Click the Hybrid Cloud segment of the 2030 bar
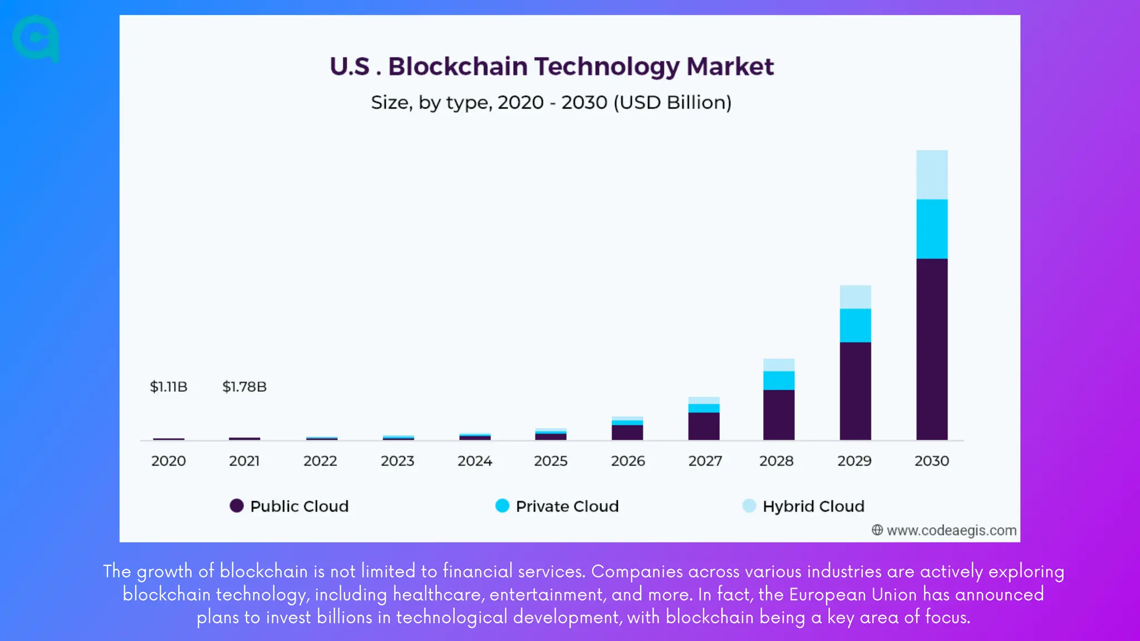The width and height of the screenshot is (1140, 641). pyautogui.click(x=932, y=175)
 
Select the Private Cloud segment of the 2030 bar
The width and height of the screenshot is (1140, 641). pyautogui.click(x=932, y=229)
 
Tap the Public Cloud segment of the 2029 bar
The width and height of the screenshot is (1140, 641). pyautogui.click(x=855, y=391)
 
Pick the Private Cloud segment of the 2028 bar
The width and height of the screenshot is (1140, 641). pyautogui.click(x=779, y=381)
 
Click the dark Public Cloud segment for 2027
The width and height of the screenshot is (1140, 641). pyautogui.click(x=704, y=426)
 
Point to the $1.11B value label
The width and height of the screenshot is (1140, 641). pyautogui.click(x=169, y=387)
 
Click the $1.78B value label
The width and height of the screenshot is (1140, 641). pyautogui.click(x=244, y=387)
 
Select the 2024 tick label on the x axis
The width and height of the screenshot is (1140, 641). pyautogui.click(x=474, y=461)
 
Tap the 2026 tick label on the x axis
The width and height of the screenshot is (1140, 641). pyautogui.click(x=628, y=461)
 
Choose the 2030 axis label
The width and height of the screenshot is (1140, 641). pyautogui.click(x=932, y=461)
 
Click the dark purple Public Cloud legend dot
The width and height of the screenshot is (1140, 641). pyautogui.click(x=237, y=506)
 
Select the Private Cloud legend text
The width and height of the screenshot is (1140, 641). pyautogui.click(x=567, y=506)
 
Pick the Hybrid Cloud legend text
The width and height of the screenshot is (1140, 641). pyautogui.click(x=813, y=506)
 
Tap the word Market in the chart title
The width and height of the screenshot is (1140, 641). pyautogui.click(x=730, y=67)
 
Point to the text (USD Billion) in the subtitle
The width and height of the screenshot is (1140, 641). pyautogui.click(x=672, y=103)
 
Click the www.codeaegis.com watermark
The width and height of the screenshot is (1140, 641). pyautogui.click(x=951, y=530)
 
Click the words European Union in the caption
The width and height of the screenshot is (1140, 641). pyautogui.click(x=853, y=594)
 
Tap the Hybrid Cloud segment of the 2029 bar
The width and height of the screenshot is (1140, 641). pyautogui.click(x=855, y=297)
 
